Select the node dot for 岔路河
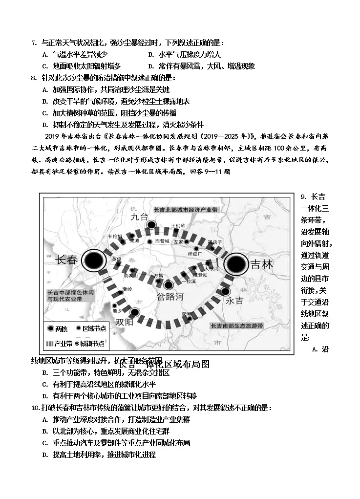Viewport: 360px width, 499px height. point(169,285)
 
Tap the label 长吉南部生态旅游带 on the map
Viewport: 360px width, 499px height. point(237,325)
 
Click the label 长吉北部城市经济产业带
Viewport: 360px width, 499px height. point(179,209)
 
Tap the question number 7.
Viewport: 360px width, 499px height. point(33,43)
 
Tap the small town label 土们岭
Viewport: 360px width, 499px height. point(178,225)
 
